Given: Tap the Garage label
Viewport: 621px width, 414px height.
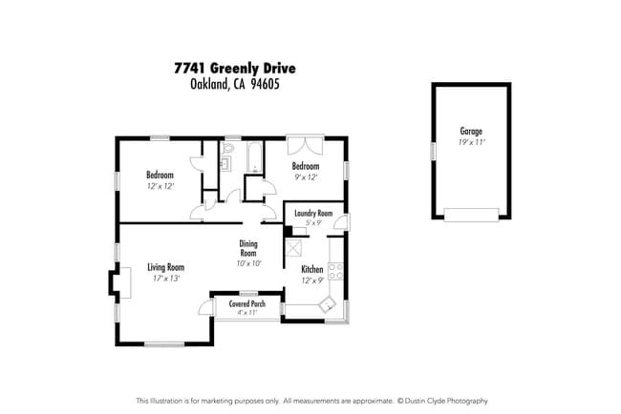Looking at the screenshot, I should [470, 132].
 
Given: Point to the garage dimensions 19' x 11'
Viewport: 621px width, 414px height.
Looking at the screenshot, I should [470, 143].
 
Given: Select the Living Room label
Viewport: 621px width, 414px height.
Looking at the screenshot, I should [165, 267].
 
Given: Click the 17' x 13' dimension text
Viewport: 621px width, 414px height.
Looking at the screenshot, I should [165, 279].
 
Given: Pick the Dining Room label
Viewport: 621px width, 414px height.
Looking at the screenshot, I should [248, 248].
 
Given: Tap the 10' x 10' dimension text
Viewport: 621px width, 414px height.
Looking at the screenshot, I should [248, 263].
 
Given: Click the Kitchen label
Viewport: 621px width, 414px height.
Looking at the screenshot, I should [312, 269].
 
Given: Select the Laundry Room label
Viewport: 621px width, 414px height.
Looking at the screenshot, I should [312, 213].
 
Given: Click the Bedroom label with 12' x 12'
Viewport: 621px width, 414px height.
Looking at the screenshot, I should [160, 175].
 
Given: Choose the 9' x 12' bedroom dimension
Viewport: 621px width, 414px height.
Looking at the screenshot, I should [306, 176].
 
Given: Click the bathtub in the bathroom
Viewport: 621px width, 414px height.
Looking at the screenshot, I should [255, 158].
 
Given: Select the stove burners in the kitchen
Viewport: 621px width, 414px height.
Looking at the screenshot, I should [335, 270].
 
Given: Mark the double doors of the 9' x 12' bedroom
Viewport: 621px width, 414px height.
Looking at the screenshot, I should [306, 146].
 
